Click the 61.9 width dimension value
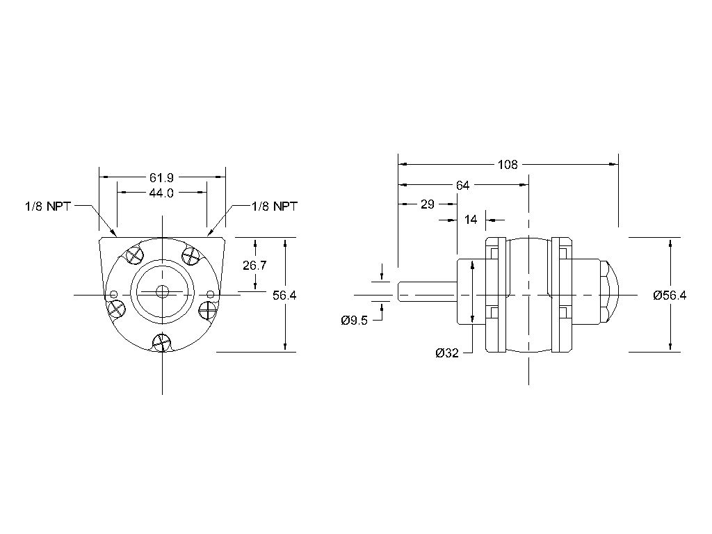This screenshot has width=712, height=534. point(161,178)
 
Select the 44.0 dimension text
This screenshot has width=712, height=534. point(161,193)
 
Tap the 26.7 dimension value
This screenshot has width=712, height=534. point(255,265)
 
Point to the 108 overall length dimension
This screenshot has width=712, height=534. point(508,165)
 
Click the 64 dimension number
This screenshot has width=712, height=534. point(463,185)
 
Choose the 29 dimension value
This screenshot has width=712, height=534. point(428,204)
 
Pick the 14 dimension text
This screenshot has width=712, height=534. point(471,220)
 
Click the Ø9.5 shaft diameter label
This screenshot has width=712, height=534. point(354,321)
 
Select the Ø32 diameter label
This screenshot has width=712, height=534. point(446,353)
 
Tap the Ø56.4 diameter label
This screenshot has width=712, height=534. point(670,295)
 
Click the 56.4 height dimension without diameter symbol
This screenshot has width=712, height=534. point(284,295)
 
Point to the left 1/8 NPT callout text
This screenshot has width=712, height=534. point(47,207)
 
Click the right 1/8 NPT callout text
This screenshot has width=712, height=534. point(275,207)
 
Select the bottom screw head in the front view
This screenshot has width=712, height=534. point(161,342)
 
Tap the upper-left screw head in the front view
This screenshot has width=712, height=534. point(133,255)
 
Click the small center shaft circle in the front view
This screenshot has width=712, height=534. point(161,291)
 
